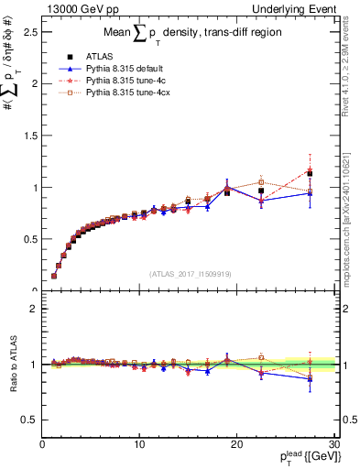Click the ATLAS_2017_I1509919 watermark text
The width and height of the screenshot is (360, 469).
191,273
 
